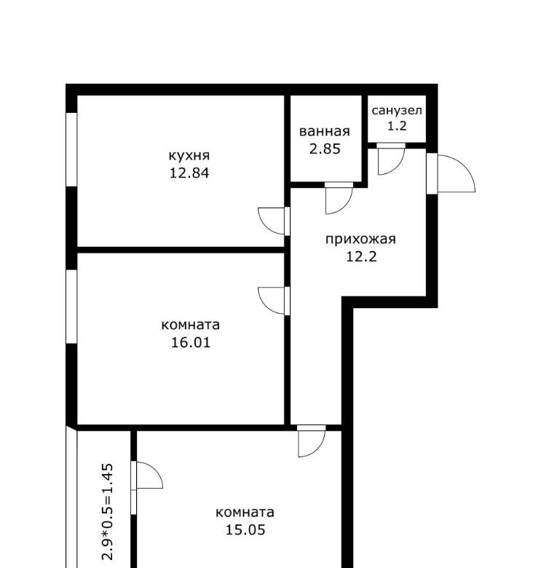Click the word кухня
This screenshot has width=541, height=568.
click(189, 156)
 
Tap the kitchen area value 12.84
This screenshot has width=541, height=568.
click(189, 173)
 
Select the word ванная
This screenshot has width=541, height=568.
click(325, 132)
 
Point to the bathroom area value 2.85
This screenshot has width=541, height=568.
click(325, 149)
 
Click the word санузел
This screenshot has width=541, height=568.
click(397, 111)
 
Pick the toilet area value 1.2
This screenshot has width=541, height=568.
click(397, 126)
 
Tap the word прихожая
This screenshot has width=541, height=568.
click(360, 240)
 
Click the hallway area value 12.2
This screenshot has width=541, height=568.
click(361, 256)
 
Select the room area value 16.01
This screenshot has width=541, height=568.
click(191, 342)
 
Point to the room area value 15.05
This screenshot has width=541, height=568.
click(245, 529)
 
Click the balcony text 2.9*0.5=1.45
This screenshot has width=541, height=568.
click(108, 512)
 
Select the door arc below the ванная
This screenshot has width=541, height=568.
click(345, 207)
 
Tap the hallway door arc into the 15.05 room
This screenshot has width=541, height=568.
click(317, 450)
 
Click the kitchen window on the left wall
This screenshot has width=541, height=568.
click(71, 149)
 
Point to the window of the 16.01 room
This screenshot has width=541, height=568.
click(71, 307)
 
